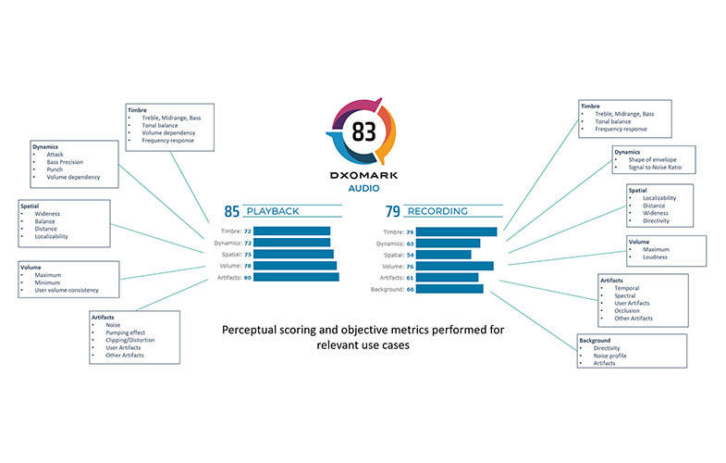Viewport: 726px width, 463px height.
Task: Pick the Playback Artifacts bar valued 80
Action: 296,277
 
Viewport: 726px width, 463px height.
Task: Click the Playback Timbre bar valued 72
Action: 291,231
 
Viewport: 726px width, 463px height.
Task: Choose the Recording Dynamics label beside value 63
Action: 383,244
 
